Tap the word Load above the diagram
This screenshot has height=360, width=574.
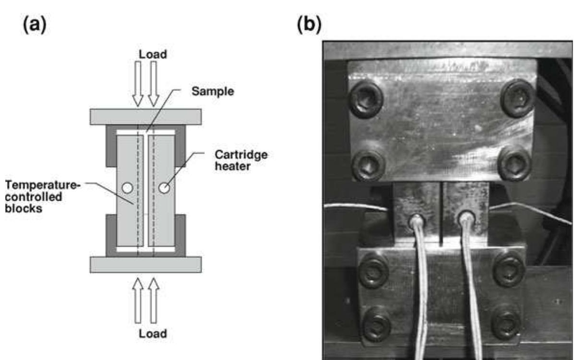153,55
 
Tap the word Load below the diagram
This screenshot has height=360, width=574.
153,333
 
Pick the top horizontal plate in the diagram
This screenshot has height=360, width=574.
145,117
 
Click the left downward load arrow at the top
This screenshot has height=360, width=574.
138,84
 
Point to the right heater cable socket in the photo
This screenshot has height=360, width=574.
465,218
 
